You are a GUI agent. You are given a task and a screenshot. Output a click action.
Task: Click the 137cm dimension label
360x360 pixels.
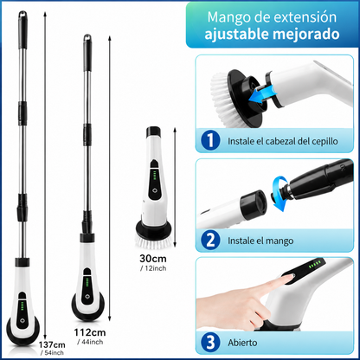point(52,344)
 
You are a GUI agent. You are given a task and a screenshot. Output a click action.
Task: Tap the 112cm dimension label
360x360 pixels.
point(90,332)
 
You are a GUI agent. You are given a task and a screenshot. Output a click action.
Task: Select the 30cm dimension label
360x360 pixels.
point(153,258)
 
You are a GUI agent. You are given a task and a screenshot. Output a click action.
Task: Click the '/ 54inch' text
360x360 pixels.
point(52,352)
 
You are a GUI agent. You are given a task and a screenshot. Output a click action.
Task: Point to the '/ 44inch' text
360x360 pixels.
point(90,342)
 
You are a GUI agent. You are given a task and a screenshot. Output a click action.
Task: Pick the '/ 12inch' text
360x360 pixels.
point(153,268)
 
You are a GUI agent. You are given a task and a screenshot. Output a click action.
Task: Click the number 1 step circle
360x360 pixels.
point(210,140)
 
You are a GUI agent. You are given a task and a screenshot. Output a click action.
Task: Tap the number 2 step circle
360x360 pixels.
point(210,241)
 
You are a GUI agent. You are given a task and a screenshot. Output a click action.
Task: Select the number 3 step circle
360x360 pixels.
point(210,343)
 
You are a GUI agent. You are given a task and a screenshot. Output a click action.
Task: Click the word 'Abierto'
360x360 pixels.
point(242,343)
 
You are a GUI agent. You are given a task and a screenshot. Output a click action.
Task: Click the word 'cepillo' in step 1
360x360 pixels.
point(325,141)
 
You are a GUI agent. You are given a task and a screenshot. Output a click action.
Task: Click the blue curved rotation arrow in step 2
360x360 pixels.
point(280,194)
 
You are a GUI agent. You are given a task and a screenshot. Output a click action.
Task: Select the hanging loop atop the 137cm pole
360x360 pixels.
point(22,14)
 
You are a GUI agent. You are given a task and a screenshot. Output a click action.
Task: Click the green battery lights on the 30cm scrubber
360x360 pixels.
point(155,175)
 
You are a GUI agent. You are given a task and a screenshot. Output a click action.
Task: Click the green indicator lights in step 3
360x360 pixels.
point(315,264)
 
